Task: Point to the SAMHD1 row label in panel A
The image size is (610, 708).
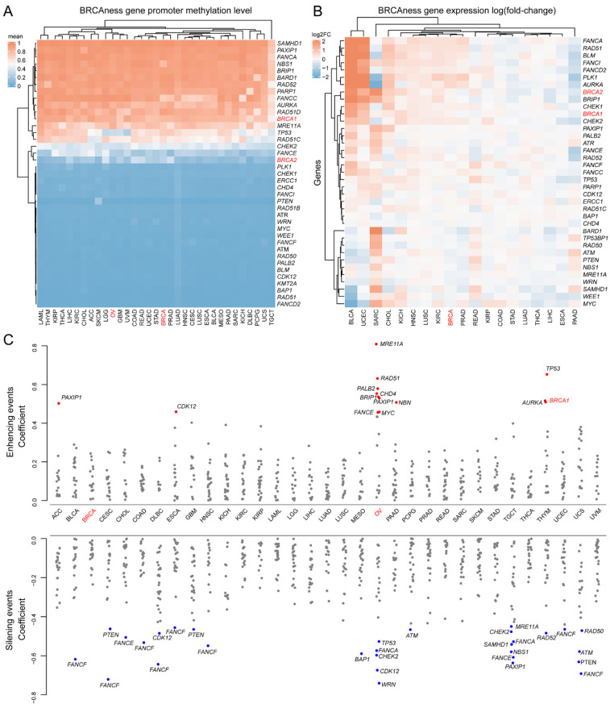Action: coord(291,42)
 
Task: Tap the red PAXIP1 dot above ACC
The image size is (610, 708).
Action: coord(57,403)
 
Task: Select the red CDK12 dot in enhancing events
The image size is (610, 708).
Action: coord(176,412)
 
